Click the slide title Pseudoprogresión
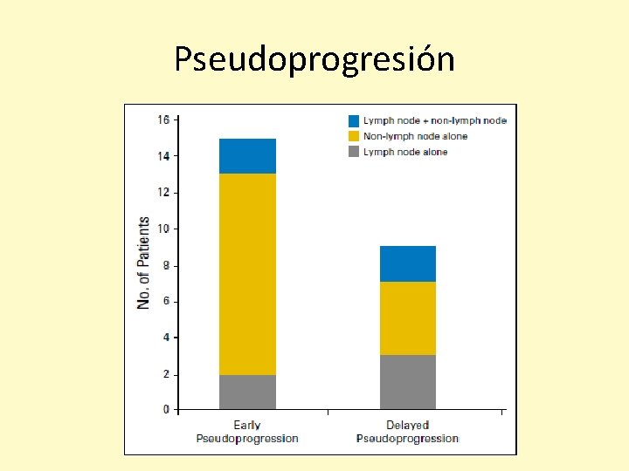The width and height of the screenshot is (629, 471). click(x=314, y=59)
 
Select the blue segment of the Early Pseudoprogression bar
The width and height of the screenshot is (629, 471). click(x=247, y=156)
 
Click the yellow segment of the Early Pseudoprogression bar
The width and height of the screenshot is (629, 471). click(x=247, y=274)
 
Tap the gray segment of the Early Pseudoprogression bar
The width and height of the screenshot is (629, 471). click(x=247, y=392)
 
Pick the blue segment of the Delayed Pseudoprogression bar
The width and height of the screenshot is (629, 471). click(x=407, y=263)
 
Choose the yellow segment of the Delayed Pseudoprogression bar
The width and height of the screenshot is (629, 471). click(x=407, y=318)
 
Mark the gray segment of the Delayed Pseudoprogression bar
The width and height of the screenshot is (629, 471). click(x=407, y=382)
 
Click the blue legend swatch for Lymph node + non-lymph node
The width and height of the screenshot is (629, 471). click(x=354, y=120)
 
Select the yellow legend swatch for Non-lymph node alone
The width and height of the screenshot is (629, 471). click(x=354, y=136)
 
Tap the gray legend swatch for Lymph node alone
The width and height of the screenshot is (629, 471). click(x=354, y=152)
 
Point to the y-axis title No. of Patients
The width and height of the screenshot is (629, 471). click(x=143, y=263)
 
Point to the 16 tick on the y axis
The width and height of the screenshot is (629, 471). click(x=163, y=119)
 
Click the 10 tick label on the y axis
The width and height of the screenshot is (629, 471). click(x=163, y=229)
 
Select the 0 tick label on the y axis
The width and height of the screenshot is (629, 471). click(x=166, y=409)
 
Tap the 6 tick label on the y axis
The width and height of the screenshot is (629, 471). click(x=166, y=301)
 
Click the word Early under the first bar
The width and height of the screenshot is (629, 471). click(x=247, y=426)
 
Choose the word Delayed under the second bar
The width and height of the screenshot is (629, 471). click(x=407, y=426)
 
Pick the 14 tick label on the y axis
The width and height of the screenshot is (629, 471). click(x=163, y=156)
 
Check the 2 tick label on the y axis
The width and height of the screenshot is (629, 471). click(x=166, y=374)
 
